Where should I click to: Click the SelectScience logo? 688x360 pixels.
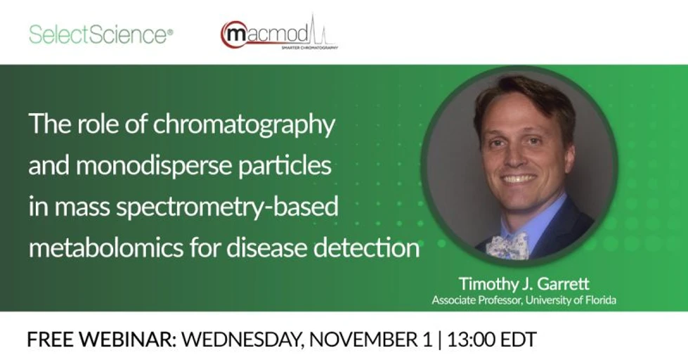(100, 34)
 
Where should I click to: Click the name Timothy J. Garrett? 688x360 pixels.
(524, 284)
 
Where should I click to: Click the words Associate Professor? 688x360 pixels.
(469, 301)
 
